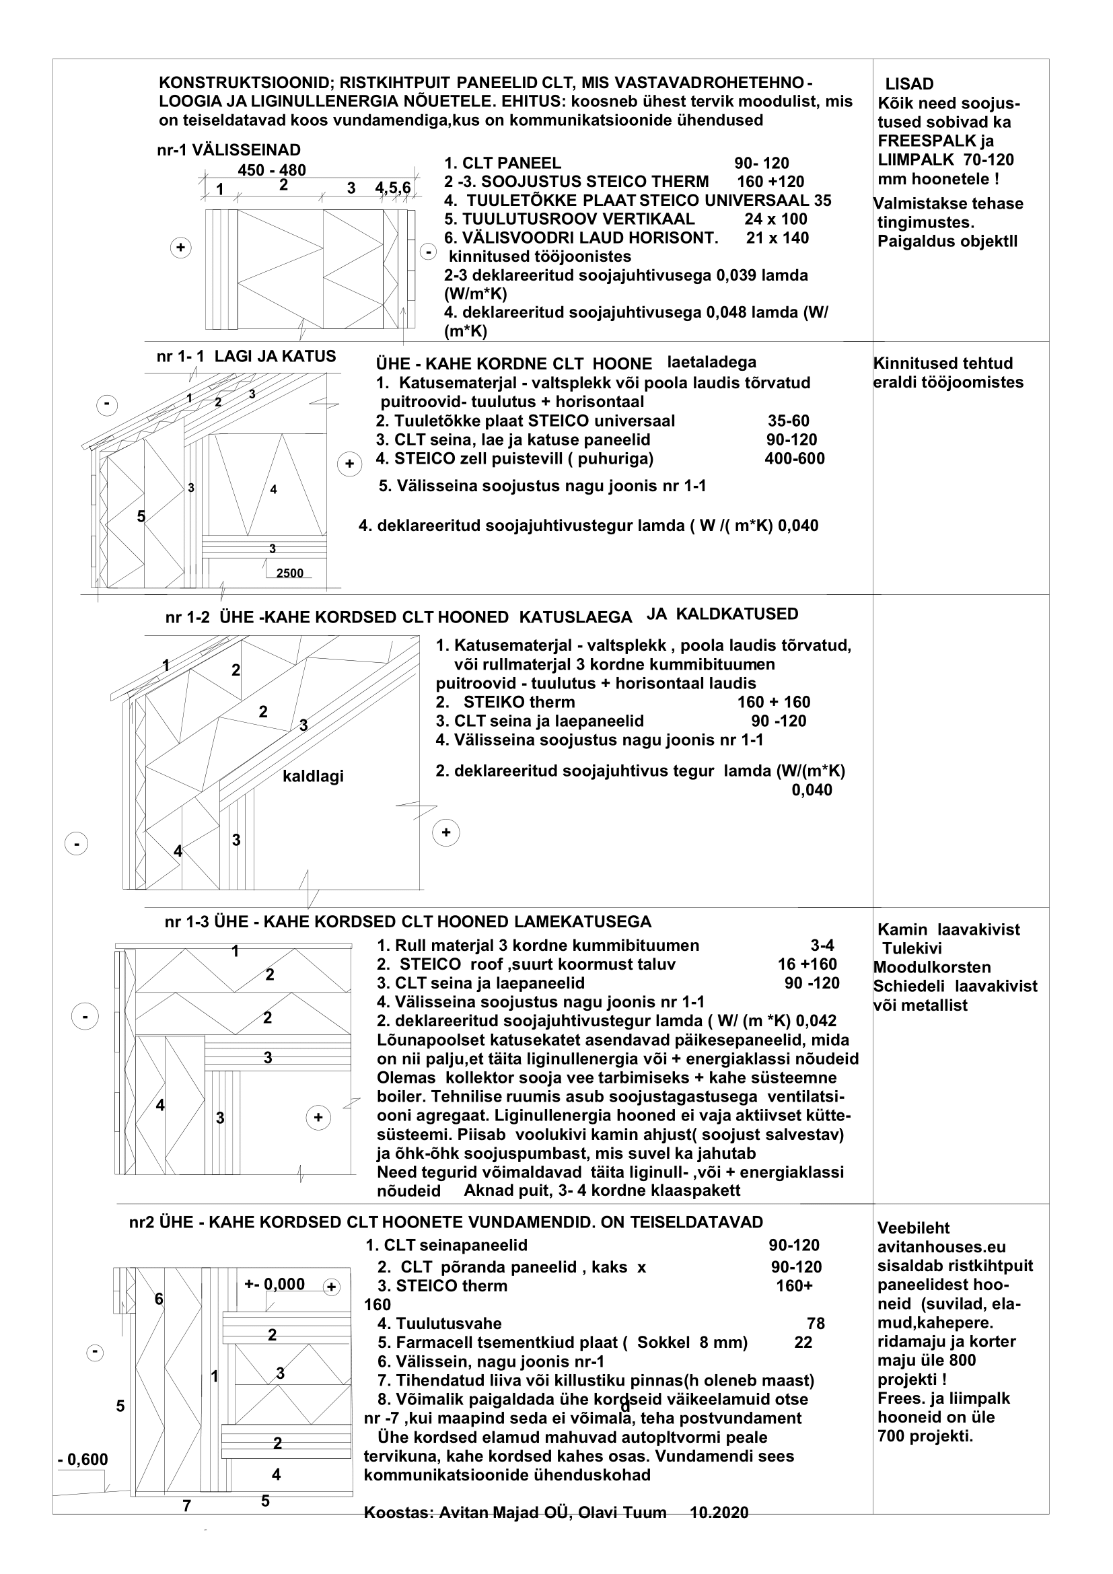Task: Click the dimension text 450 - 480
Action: tap(271, 170)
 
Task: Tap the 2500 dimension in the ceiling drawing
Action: tap(289, 573)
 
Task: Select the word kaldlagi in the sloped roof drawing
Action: tap(313, 776)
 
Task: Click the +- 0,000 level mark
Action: tap(274, 1284)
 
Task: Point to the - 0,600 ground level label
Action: tap(83, 1460)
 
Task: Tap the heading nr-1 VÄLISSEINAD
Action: tap(228, 150)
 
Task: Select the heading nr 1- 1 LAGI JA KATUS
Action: tap(246, 357)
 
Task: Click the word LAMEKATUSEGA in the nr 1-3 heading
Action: tap(588, 922)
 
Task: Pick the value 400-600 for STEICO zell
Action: tap(794, 459)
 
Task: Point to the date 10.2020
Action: tap(719, 1512)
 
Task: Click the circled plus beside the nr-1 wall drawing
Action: tap(181, 248)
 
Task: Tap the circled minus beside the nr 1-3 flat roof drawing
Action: tap(85, 1017)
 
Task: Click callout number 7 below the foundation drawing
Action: tap(186, 1506)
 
